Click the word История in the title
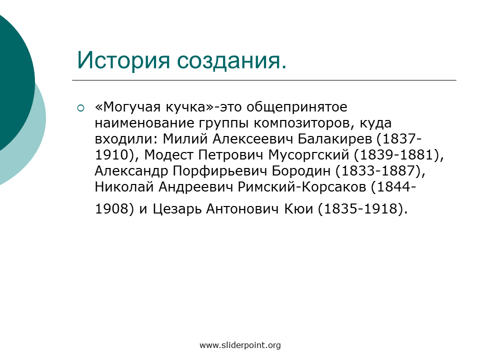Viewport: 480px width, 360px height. (123, 60)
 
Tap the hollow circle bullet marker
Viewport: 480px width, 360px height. (80, 108)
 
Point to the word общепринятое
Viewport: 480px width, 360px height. (297, 107)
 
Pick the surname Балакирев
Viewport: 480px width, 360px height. (334, 139)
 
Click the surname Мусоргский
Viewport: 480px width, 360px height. (309, 155)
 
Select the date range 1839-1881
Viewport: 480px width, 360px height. (397, 155)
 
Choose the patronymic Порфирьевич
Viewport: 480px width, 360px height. (220, 171)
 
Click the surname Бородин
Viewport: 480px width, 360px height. (301, 171)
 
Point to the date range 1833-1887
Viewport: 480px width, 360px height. (378, 171)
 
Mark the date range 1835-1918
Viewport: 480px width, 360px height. (361, 209)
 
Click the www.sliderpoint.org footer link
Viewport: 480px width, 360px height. (240, 345)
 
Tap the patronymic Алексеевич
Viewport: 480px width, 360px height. (252, 139)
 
